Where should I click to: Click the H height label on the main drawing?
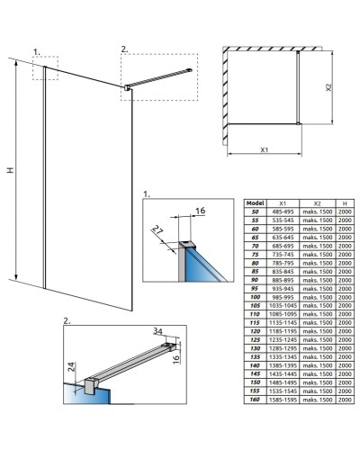coord(10,172)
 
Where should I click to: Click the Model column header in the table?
coord(255,202)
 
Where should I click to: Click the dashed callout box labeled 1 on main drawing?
coord(45,68)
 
